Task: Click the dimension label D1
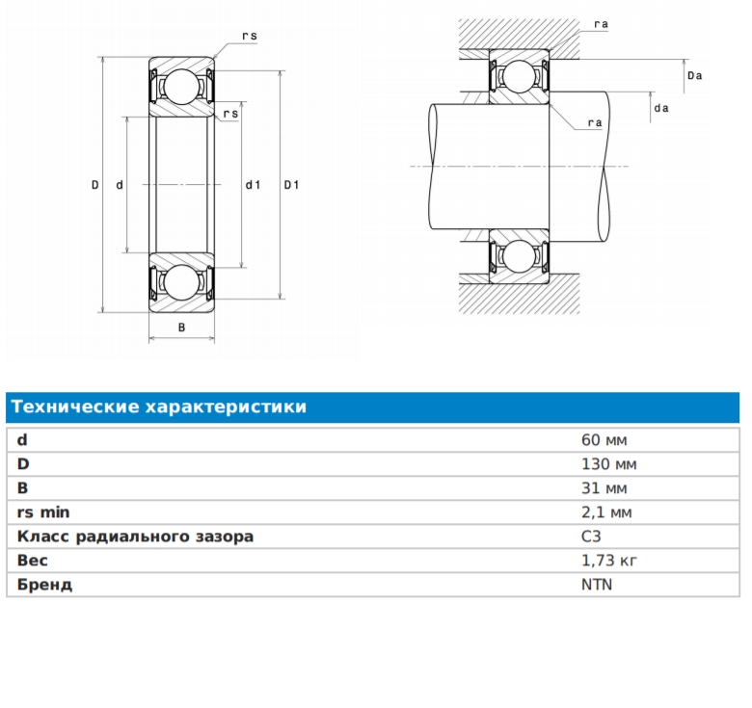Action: (x=291, y=185)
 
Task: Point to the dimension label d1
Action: (x=253, y=185)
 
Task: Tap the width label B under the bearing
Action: (x=182, y=328)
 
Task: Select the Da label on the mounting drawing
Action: (x=694, y=76)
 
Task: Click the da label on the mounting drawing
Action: (x=661, y=108)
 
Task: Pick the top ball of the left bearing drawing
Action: (x=182, y=87)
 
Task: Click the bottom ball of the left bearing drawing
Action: (x=182, y=282)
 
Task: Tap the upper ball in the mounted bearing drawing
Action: (x=519, y=76)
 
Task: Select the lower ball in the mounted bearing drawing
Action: (x=519, y=256)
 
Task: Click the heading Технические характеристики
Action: (x=159, y=406)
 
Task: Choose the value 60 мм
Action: (x=604, y=440)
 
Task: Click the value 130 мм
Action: (x=609, y=463)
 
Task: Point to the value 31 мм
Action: (x=604, y=488)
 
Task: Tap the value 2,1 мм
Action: (x=606, y=512)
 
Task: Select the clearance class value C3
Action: (x=591, y=536)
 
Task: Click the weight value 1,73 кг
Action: (x=609, y=560)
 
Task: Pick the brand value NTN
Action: (x=597, y=585)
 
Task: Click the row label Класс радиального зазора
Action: (x=135, y=537)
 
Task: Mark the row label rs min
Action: (x=43, y=512)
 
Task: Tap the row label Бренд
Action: (x=44, y=585)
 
